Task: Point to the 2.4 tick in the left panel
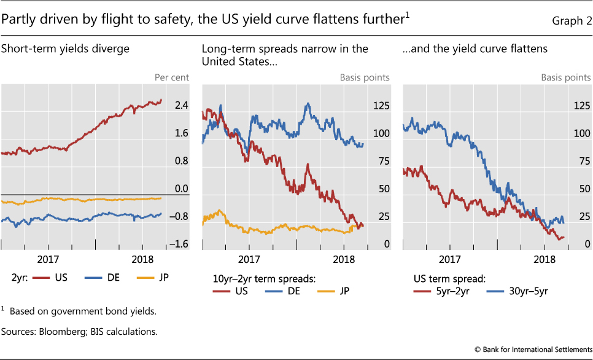[x=181, y=106]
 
